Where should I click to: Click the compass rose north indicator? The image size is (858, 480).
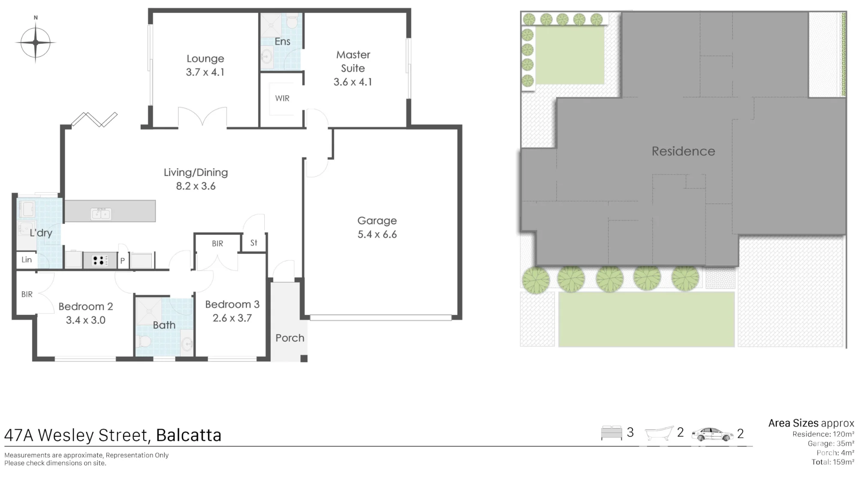coord(36,18)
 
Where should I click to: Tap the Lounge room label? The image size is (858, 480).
coord(205,59)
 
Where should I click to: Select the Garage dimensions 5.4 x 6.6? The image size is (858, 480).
coord(377,235)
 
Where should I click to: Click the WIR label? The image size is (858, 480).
coord(282,98)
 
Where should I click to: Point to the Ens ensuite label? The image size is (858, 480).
coord(283,42)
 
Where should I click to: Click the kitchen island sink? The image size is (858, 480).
coord(101,214)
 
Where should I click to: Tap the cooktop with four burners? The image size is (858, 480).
coord(100,260)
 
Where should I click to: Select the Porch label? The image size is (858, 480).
coord(290,338)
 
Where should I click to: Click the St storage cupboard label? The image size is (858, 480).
coord(254,243)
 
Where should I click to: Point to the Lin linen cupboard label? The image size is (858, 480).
coord(27,260)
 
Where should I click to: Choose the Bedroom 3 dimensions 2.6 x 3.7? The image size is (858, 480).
coord(232,318)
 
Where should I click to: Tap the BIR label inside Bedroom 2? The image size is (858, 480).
coord(27,294)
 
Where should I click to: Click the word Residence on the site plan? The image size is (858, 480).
coord(683,151)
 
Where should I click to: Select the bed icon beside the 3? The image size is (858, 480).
coord(611,433)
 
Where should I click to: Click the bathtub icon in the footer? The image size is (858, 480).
coord(659,433)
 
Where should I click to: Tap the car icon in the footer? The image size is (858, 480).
coord(713,435)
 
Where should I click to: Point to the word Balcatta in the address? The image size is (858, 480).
coord(189,435)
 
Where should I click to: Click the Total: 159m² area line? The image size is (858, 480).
coord(833,462)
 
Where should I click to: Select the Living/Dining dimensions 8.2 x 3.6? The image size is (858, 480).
coord(196,186)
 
